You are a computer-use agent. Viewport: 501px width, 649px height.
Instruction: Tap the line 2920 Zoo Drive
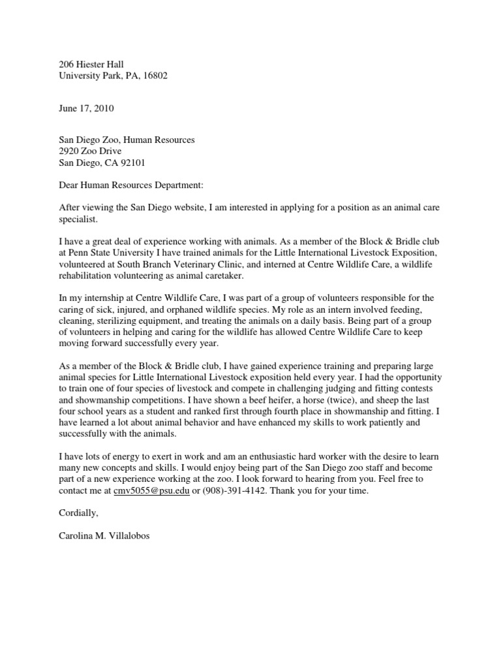[x=85, y=151]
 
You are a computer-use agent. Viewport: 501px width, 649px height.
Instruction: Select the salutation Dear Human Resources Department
[x=130, y=185]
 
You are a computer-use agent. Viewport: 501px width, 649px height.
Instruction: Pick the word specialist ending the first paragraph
[x=71, y=219]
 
